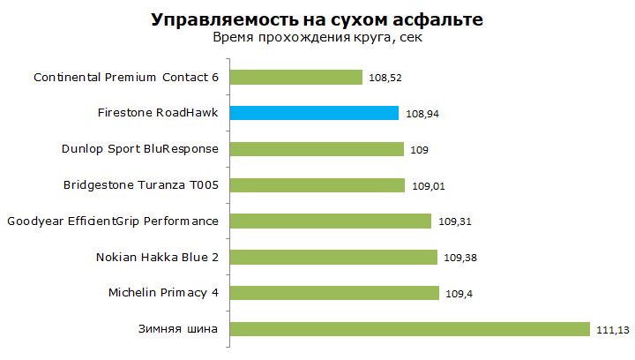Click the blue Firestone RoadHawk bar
tap(315, 113)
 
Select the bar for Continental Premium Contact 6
tap(296, 77)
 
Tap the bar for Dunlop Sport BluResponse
tap(317, 149)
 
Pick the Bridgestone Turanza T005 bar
tap(317, 185)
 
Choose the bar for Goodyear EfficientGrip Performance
tap(331, 221)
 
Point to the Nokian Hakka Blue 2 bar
tap(333, 257)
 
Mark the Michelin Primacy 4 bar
tap(334, 293)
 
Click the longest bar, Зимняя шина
tap(410, 329)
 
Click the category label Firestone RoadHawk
tap(158, 113)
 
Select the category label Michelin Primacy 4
tap(163, 293)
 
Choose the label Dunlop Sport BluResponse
tap(139, 149)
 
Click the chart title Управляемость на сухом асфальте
tap(317, 19)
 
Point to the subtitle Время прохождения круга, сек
tap(317, 38)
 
